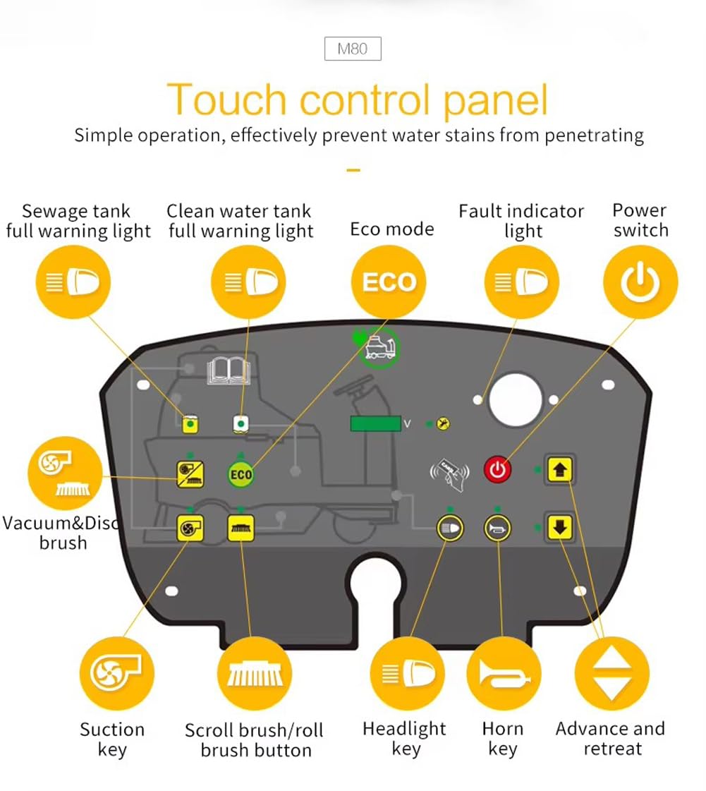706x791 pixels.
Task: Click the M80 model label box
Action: click(353, 49)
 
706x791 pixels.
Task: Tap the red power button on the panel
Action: click(498, 470)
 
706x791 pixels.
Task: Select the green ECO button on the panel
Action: click(241, 474)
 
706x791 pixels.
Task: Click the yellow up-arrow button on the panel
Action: click(560, 470)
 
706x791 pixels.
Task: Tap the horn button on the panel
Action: click(497, 529)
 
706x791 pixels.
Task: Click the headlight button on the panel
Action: click(450, 529)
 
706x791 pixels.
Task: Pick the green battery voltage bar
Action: click(376, 424)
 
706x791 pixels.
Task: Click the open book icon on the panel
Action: click(229, 370)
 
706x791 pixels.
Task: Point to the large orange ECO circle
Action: click(389, 282)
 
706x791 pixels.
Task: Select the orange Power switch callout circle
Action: click(640, 282)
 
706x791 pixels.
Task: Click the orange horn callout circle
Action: click(504, 673)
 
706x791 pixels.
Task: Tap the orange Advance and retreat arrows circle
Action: click(611, 673)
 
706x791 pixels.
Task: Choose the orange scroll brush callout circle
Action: click(255, 673)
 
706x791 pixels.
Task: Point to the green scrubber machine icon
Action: click(379, 347)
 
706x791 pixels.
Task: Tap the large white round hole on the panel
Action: click(516, 399)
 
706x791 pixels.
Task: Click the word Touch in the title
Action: click(227, 99)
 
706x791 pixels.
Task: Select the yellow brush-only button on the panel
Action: click(241, 528)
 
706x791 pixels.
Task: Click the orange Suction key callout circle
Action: click(116, 673)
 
